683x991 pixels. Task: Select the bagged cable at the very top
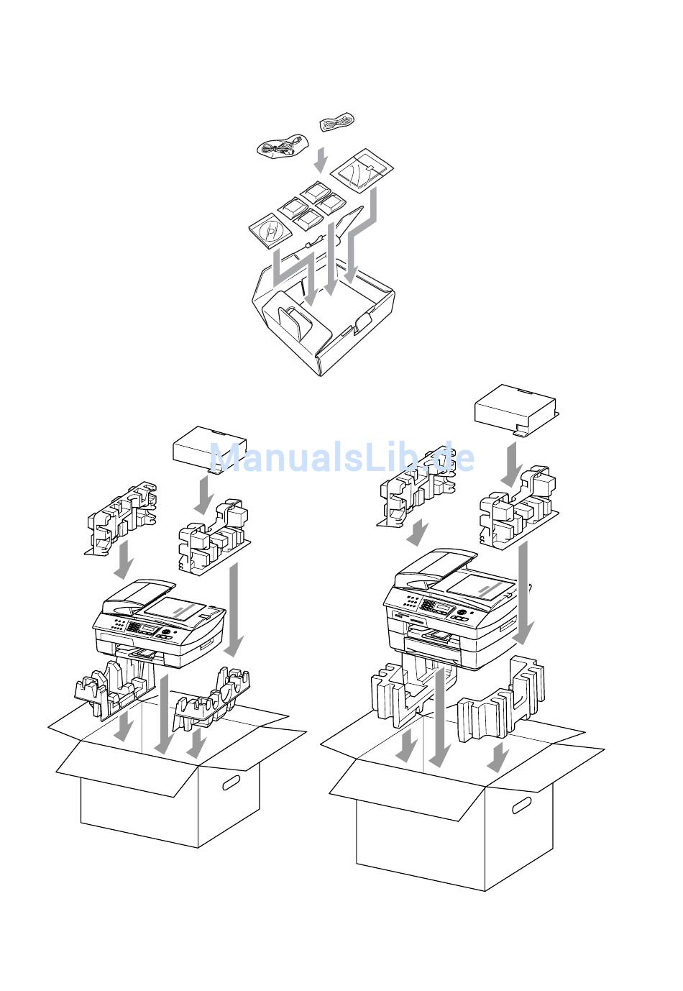tap(336, 120)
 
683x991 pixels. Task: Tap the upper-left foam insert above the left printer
tap(121, 518)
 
